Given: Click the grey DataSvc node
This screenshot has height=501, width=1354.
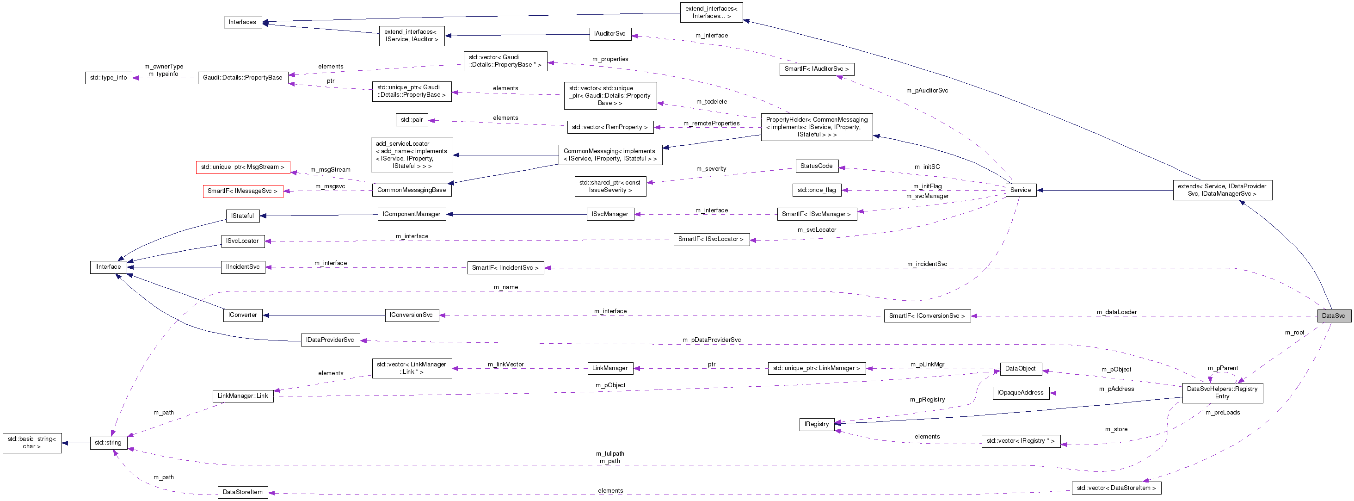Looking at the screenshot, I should pos(1334,316).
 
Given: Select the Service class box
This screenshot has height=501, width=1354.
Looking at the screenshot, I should pos(1020,190).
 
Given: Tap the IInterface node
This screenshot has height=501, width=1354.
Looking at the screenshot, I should pos(108,267).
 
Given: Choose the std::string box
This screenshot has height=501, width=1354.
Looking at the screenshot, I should pos(108,443).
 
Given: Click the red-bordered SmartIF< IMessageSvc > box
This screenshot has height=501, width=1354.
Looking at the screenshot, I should pos(242,191).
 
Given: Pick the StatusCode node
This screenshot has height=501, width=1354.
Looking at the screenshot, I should pos(816,166).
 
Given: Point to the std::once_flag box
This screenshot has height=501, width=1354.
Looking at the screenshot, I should pos(816,190).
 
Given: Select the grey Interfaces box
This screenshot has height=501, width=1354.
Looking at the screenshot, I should pos(242,22).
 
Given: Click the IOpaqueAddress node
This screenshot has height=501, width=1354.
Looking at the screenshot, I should pos(1020,393).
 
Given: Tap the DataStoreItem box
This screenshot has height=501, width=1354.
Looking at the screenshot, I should pos(242,492).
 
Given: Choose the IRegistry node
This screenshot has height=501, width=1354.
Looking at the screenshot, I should pos(816,424).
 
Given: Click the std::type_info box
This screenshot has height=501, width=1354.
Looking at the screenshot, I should pos(108,78).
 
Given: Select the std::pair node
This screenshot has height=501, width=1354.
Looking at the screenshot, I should pos(412,120).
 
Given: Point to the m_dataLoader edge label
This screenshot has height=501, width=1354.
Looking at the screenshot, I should pos(1116,312).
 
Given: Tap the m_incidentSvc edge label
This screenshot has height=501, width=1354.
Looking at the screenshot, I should pos(927,264).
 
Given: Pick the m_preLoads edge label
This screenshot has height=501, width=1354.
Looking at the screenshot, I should pos(1223,413).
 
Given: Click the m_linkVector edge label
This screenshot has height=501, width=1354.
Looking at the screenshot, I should pos(505,365).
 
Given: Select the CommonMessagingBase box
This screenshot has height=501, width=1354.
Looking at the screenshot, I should pos(412,190).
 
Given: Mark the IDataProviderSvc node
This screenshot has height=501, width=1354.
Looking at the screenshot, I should pos(330,340).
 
